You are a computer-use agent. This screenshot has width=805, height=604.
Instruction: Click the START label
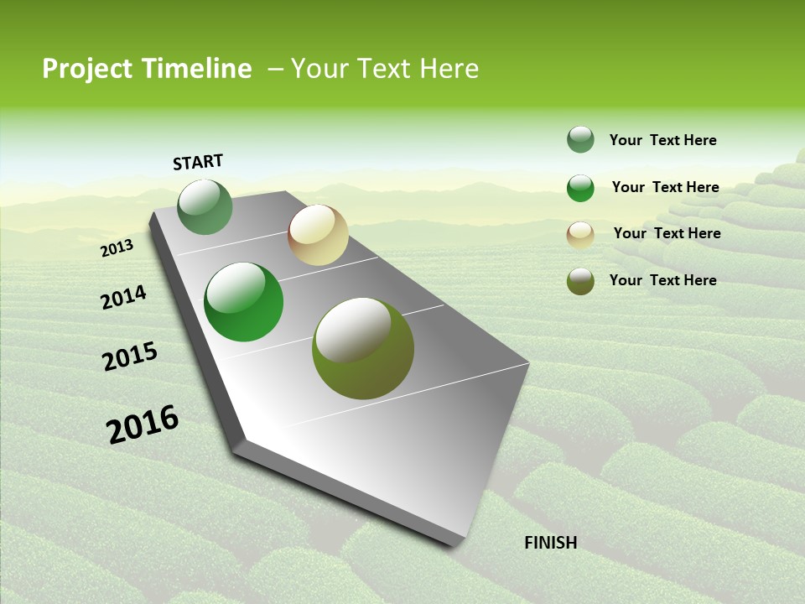click(x=198, y=162)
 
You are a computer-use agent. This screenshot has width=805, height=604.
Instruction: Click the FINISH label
click(x=550, y=543)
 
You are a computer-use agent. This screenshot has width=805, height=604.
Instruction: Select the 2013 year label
click(x=117, y=248)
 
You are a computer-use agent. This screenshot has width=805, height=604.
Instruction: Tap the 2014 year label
click(x=123, y=298)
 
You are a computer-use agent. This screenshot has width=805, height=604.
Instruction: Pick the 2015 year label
click(x=129, y=357)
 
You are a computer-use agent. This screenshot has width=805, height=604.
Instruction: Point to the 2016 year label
click(x=143, y=424)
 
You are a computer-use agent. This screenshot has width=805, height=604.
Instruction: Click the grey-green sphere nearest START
click(x=205, y=207)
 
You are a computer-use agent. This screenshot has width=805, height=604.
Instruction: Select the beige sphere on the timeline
click(x=318, y=235)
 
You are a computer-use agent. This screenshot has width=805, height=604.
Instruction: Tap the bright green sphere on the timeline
click(x=244, y=302)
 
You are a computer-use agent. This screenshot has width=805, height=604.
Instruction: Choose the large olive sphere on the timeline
click(x=363, y=348)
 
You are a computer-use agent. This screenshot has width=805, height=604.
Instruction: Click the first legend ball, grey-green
click(x=580, y=139)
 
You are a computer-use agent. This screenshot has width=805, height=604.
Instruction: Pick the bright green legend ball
click(x=580, y=188)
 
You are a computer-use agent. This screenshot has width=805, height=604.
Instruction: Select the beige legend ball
click(x=580, y=235)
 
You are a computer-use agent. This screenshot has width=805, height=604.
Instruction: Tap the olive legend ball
click(x=580, y=281)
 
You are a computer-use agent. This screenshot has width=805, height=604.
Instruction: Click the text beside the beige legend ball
click(x=667, y=233)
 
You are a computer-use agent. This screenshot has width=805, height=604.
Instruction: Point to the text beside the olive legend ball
click(x=662, y=280)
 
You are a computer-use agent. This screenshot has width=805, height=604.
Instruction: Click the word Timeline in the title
click(x=196, y=69)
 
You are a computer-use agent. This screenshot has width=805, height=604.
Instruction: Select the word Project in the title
click(x=88, y=69)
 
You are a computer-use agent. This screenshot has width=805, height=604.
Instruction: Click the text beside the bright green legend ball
click(x=665, y=187)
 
